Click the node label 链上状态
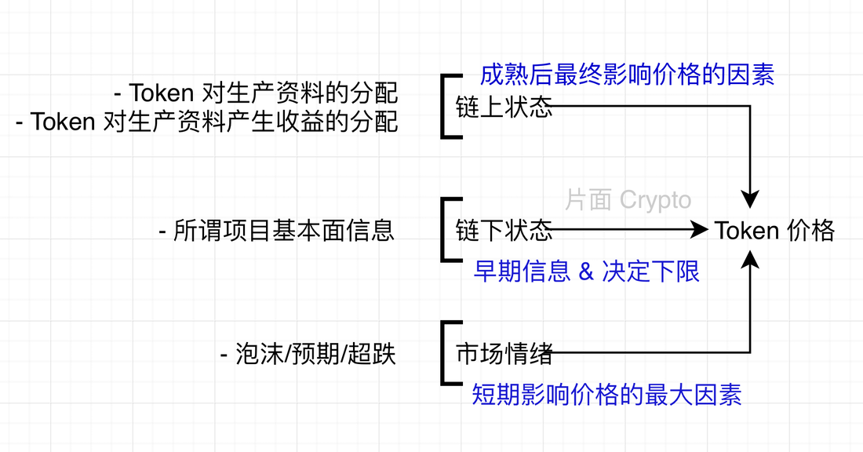[x=504, y=107]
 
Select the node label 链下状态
[x=504, y=230]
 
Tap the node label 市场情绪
[x=504, y=354]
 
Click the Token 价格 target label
[x=774, y=230]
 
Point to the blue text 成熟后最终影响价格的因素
[x=627, y=75]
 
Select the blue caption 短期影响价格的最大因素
[x=606, y=394]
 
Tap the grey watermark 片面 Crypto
[x=628, y=200]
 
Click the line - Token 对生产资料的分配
[x=256, y=93]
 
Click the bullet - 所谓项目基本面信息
[x=276, y=231]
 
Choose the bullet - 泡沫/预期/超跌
[x=308, y=355]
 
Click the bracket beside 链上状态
[x=445, y=107]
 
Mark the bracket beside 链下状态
[x=445, y=230]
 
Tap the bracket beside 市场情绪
[x=445, y=353]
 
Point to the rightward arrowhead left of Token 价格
[x=699, y=230]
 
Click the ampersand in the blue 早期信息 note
[x=585, y=272]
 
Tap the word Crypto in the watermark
[x=655, y=200]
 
